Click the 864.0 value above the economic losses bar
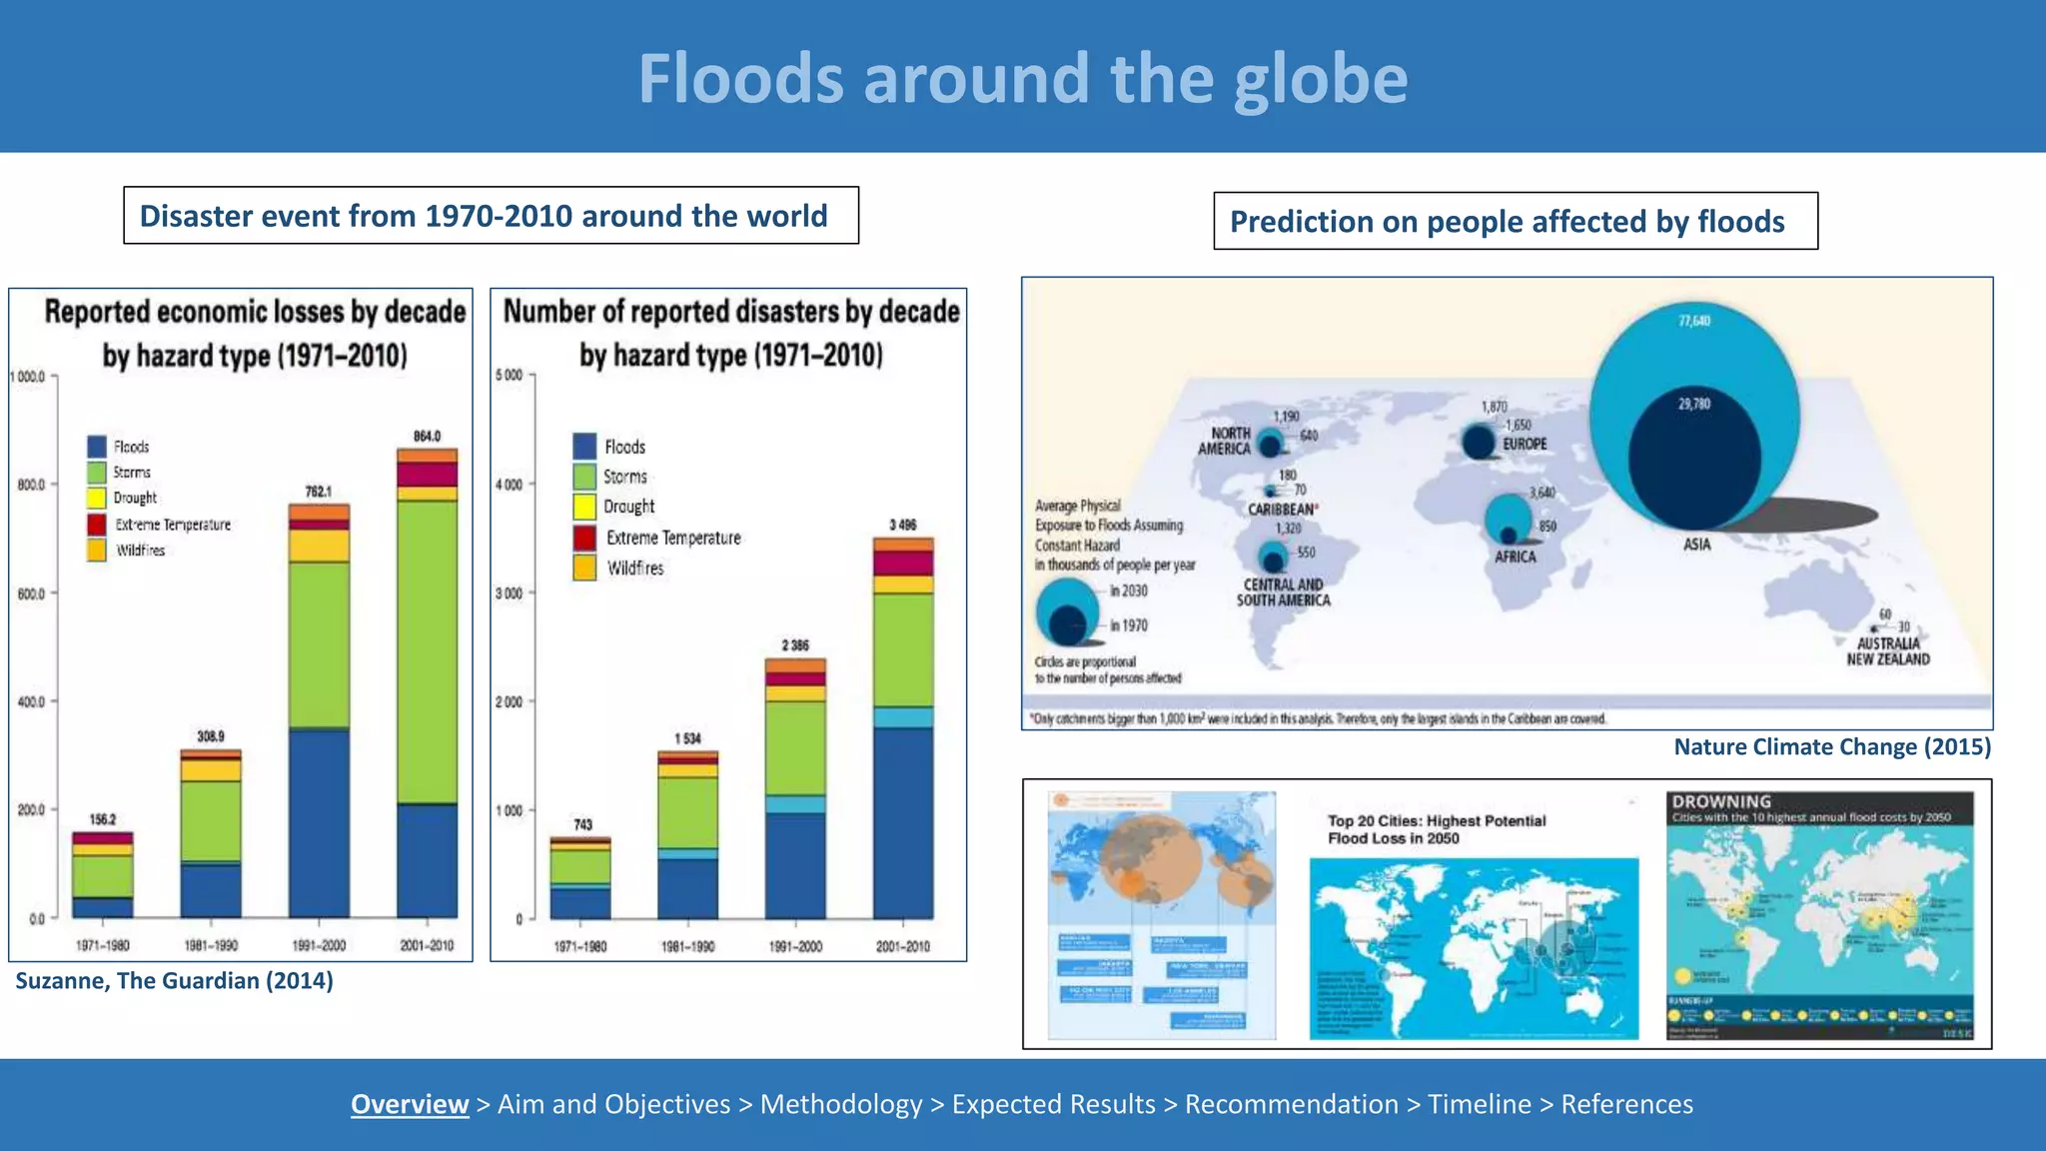pos(427,437)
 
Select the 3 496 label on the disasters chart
pos(902,525)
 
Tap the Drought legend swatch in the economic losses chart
pos(97,498)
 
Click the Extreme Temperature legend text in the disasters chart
pos(673,538)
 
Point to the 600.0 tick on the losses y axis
pos(30,593)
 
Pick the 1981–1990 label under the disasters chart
pos(687,946)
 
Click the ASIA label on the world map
pos(1696,545)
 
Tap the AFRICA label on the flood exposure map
pos(1515,557)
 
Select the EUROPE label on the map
pos(1525,444)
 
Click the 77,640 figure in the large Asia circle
pos(1694,321)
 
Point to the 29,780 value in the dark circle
pos(1694,404)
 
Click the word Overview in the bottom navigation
pos(410,1104)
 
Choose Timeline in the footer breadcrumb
pos(1479,1104)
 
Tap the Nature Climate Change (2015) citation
pos(1832,747)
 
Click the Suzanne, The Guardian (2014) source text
pos(175,981)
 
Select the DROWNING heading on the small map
pos(1721,801)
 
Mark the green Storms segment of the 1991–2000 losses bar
pos(319,644)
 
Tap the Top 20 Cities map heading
pos(1436,829)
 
